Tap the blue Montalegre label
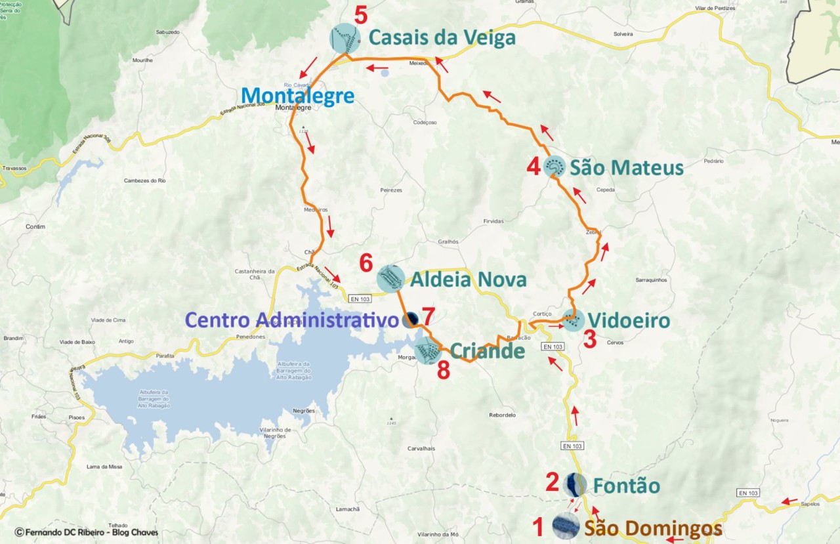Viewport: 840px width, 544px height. [297, 96]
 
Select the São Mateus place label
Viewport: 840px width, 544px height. [626, 168]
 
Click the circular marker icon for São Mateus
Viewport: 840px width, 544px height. [555, 167]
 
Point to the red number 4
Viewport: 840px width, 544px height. [534, 167]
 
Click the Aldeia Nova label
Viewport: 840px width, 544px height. [468, 280]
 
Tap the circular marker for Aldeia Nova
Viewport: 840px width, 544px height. [390, 278]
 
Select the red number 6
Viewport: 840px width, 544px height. [366, 264]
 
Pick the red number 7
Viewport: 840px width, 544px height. [428, 316]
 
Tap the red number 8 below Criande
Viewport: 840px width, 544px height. [444, 371]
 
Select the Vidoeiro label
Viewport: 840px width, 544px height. [628, 321]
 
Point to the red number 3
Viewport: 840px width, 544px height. [590, 340]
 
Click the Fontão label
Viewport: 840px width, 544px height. [626, 486]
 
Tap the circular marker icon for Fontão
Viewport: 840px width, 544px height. [575, 484]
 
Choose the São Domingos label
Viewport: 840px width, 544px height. [653, 528]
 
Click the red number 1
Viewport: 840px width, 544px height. [538, 526]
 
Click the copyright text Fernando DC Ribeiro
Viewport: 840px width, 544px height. [85, 532]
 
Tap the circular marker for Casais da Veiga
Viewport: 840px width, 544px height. [345, 39]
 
